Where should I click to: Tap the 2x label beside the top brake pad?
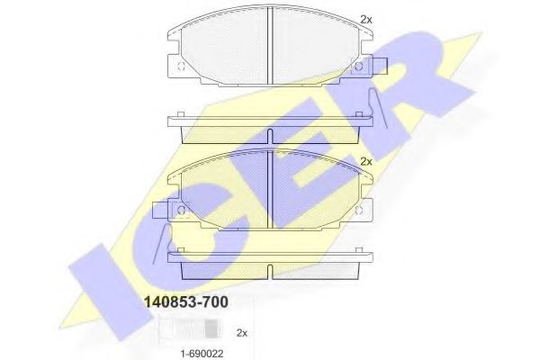tap(364, 19)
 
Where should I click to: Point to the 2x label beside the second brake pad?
tap(364, 161)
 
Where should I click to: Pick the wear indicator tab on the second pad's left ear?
tap(161, 212)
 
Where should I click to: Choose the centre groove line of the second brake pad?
tap(271, 186)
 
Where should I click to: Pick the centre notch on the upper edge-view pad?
tap(271, 139)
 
